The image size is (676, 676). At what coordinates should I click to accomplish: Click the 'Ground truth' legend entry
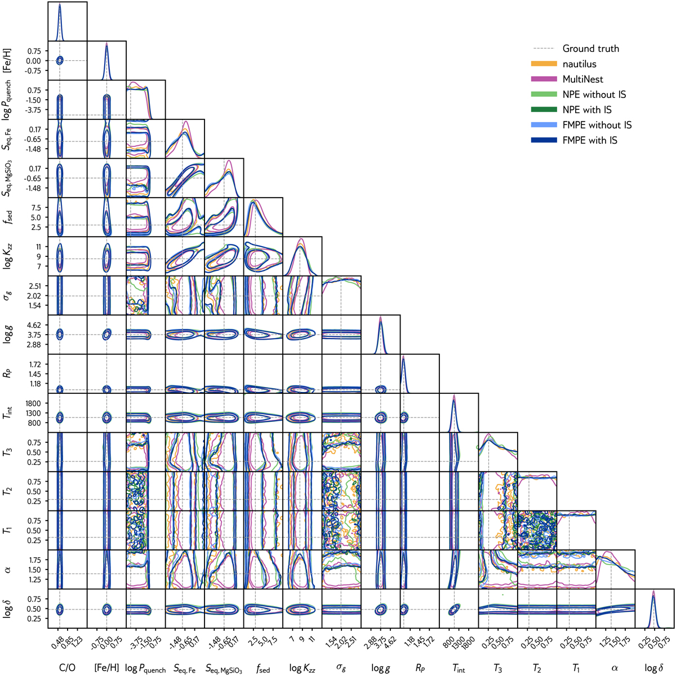point(590,48)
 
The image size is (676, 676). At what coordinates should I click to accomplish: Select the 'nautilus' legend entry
point(580,64)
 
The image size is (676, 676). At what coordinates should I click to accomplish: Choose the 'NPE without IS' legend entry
point(594,94)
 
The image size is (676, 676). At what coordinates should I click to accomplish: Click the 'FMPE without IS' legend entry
point(597,124)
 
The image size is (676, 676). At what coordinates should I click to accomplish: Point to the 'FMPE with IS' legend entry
point(590,140)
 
